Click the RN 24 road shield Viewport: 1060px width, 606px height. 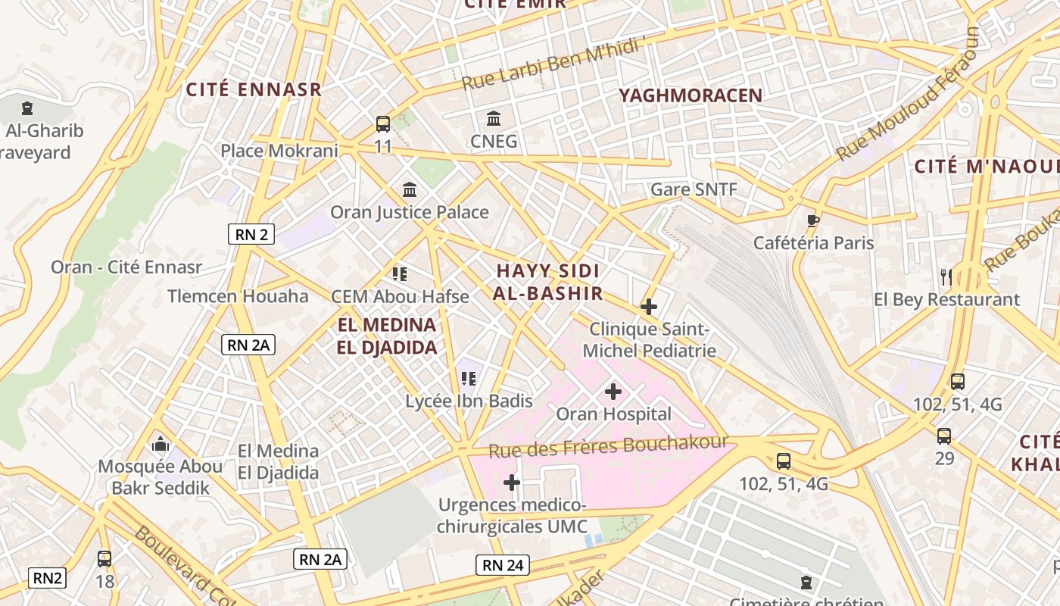click(503, 564)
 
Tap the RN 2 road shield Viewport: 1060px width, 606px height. click(251, 234)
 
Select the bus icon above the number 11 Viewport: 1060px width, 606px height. click(383, 123)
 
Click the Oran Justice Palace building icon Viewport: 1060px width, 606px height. click(410, 189)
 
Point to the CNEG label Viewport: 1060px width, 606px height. click(494, 141)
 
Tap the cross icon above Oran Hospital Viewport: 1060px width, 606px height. click(613, 392)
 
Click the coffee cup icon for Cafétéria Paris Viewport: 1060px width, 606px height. click(812, 220)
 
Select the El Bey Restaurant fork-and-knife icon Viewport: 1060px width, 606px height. click(946, 276)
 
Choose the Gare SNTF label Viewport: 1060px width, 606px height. click(694, 189)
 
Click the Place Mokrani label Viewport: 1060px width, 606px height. click(279, 151)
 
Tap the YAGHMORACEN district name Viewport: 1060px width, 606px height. click(691, 95)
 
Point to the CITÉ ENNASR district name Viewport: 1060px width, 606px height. click(254, 89)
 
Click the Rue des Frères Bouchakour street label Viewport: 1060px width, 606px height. click(608, 446)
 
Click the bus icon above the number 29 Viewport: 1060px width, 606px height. click(944, 436)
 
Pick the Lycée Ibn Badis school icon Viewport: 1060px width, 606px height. click(468, 378)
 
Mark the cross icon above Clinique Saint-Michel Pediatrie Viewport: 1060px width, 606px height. click(649, 307)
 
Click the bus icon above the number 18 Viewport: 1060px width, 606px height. click(104, 559)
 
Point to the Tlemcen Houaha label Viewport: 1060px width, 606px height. click(238, 296)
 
